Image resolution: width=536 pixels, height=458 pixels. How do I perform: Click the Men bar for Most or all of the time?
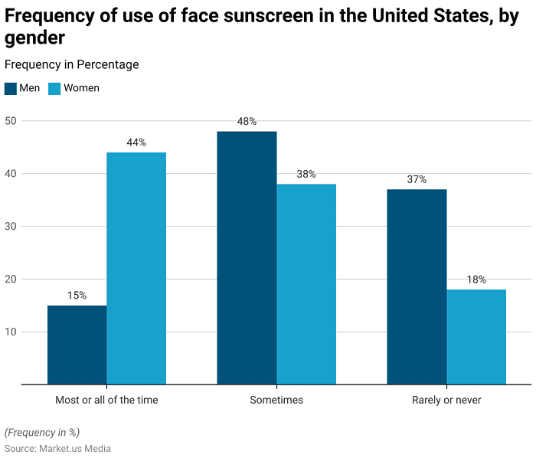(x=77, y=345)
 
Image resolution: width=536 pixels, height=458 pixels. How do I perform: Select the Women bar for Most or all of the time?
(x=136, y=268)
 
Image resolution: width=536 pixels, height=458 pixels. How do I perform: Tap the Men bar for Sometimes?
(x=247, y=257)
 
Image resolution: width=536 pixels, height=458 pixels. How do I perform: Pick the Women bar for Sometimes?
(x=306, y=284)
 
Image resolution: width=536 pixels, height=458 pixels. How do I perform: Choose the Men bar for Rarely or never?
(x=417, y=286)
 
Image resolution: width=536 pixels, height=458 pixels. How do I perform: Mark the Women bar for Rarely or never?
(x=476, y=337)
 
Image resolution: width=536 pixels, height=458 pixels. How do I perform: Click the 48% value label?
(x=247, y=122)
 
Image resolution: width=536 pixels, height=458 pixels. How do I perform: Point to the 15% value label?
(x=77, y=296)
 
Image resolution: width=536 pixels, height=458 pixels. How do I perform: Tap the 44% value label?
(x=136, y=142)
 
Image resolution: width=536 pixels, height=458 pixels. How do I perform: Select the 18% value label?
(x=476, y=280)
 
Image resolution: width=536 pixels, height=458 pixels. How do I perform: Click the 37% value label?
(x=417, y=179)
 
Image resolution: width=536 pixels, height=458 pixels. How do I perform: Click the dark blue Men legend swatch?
(x=10, y=88)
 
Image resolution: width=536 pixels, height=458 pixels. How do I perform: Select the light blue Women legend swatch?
(x=54, y=88)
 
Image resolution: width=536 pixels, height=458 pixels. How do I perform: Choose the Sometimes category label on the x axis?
(x=276, y=400)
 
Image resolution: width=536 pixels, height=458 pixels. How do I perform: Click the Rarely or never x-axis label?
(x=446, y=400)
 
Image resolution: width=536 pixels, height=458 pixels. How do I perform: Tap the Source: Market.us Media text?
(x=57, y=448)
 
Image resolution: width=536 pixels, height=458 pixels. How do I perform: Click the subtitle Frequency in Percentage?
(x=72, y=65)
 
